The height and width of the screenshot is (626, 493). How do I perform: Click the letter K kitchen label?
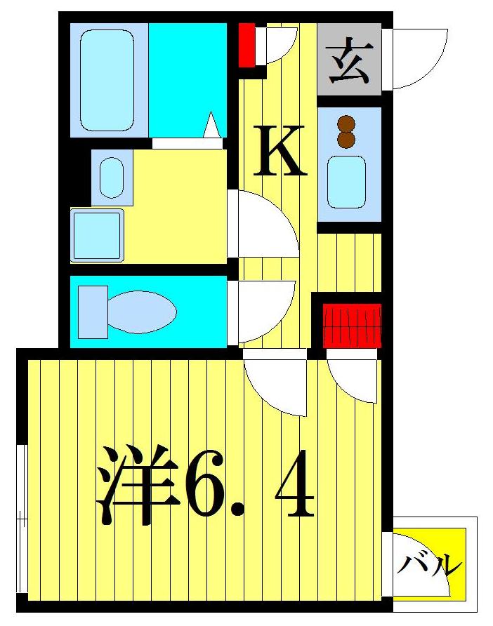pyautogui.click(x=280, y=150)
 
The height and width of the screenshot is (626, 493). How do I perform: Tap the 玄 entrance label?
pyautogui.click(x=349, y=60)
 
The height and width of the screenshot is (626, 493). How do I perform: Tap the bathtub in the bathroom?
pyautogui.click(x=107, y=79)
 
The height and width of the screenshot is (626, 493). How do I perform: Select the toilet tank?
pyautogui.click(x=92, y=312)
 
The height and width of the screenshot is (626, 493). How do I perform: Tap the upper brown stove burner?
pyautogui.click(x=346, y=124)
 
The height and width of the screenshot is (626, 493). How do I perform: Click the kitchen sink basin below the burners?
pyautogui.click(x=347, y=181)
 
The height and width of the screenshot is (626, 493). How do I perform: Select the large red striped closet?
pyautogui.click(x=352, y=325)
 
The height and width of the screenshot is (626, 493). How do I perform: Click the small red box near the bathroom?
pyautogui.click(x=246, y=45)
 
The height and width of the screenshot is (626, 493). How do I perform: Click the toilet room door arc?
pyautogui.click(x=263, y=309)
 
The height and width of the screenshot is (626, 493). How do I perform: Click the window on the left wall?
pyautogui.click(x=22, y=519)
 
